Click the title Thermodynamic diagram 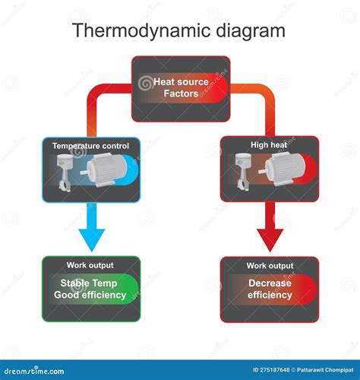pyautogui.click(x=179, y=31)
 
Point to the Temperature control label pyautogui.click(x=90, y=145)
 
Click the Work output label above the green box pyautogui.click(x=90, y=265)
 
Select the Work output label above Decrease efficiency pyautogui.click(x=269, y=265)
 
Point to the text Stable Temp pyautogui.click(x=90, y=283)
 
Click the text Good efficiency pyautogui.click(x=90, y=295)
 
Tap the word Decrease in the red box pyautogui.click(x=269, y=283)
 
